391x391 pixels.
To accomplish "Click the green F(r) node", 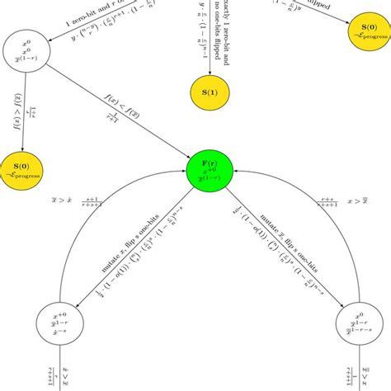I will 213,172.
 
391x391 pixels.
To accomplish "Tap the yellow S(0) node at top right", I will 365,43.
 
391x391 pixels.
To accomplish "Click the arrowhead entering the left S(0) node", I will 23,147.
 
